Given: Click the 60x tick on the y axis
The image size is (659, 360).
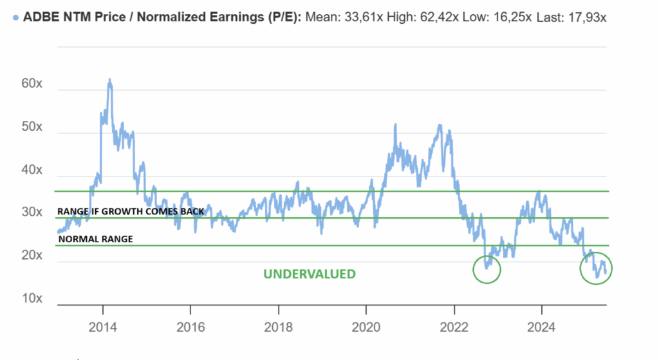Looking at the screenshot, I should click(32, 84).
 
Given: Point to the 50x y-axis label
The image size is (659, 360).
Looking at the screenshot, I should click(32, 128).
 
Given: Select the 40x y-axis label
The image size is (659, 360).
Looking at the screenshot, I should click(32, 171).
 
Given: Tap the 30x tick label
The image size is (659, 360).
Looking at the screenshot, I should click(32, 213).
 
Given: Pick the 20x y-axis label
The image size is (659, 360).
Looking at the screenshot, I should click(32, 256).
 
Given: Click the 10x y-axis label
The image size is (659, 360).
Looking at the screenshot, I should click(32, 299).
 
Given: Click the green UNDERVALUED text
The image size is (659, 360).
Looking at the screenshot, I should click(309, 274).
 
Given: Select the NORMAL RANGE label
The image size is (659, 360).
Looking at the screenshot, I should click(95, 239).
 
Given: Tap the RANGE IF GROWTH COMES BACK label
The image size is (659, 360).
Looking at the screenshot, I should click(131, 211).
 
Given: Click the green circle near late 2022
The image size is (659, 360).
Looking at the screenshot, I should click(487, 269).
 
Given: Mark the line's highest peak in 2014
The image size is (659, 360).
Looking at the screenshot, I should click(109, 80).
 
